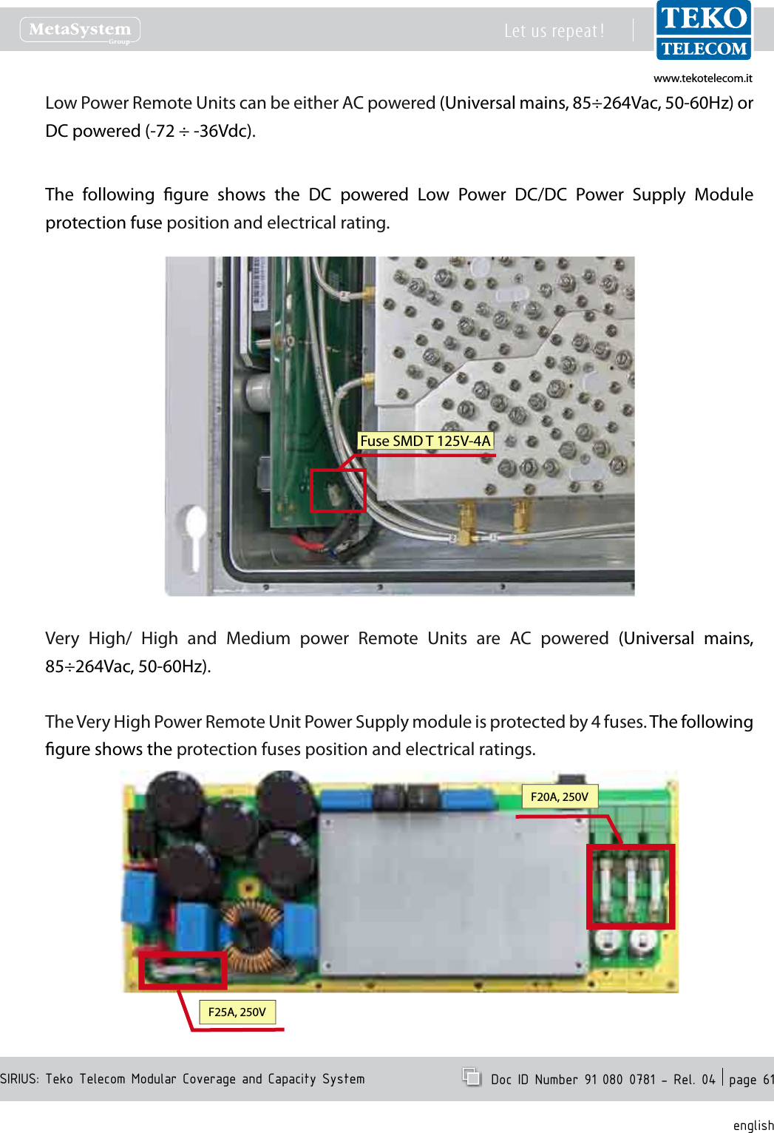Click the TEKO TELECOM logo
(703, 31)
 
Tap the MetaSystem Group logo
(80, 30)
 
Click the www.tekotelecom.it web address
(702, 78)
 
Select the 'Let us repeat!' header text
(554, 31)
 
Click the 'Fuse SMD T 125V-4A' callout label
(425, 441)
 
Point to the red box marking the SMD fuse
(338, 490)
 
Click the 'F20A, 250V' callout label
(559, 797)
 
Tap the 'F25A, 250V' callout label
(237, 1012)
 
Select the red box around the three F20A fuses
(631, 886)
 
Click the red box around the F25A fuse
(183, 970)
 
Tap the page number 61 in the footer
(768, 1079)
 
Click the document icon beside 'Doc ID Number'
(471, 1077)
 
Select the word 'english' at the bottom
(753, 1125)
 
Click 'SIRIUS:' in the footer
(20, 1079)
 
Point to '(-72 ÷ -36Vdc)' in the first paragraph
(200, 131)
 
